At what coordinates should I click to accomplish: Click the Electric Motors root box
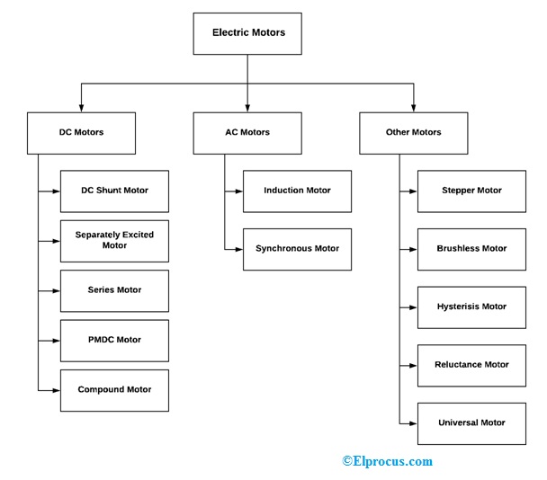(x=247, y=33)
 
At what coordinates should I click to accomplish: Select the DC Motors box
(x=81, y=133)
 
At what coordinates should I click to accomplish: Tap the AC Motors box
(x=247, y=133)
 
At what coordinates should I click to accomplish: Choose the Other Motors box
(x=413, y=133)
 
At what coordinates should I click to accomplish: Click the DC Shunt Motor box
(x=114, y=191)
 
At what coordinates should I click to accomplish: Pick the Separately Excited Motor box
(x=114, y=240)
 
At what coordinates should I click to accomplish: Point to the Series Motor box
(x=114, y=290)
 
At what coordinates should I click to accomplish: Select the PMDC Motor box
(x=114, y=340)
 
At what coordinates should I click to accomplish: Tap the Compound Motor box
(x=114, y=390)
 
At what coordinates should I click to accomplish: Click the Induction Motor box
(x=297, y=191)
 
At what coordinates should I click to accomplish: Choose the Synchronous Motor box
(x=297, y=248)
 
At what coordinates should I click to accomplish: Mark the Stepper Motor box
(x=471, y=191)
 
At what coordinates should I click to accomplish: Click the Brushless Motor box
(x=471, y=248)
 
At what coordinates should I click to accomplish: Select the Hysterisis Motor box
(x=471, y=307)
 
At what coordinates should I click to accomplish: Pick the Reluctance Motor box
(x=471, y=365)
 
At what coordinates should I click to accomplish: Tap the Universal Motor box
(x=471, y=422)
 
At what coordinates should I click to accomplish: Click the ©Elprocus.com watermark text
(x=387, y=461)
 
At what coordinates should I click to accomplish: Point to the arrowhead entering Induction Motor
(x=238, y=191)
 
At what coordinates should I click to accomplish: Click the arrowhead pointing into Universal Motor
(x=413, y=422)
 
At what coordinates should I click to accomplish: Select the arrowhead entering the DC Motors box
(x=81, y=108)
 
